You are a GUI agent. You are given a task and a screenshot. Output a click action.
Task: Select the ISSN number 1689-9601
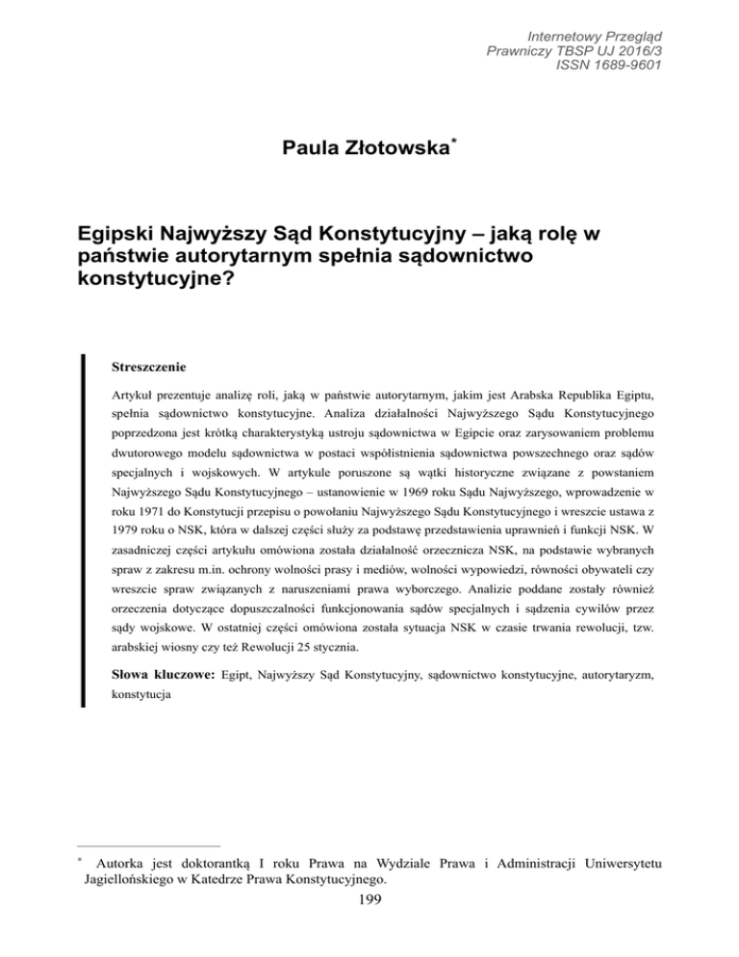click(617, 65)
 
